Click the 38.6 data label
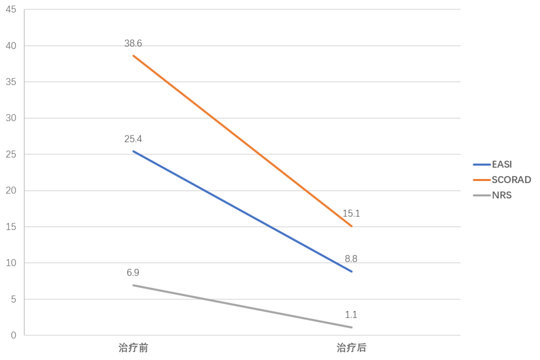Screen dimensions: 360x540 tap(133, 43)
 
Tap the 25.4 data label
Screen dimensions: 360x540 tap(133, 139)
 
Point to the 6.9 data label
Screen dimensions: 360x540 tap(133, 273)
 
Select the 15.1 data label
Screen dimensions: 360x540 tap(352, 213)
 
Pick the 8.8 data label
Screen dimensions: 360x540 tap(351, 259)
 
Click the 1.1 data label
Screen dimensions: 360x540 tap(351, 315)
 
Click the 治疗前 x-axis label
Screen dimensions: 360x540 tap(133, 347)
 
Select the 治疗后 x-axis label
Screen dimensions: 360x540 tap(352, 347)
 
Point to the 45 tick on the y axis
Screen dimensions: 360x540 tap(11, 9)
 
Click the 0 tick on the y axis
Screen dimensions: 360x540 tap(14, 335)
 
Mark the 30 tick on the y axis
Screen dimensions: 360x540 tap(11, 118)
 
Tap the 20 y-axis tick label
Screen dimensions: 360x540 tap(11, 190)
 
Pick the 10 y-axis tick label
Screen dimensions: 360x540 tap(11, 263)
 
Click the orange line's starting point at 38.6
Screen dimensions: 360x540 tap(133, 55)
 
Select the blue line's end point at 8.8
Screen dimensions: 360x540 tap(352, 271)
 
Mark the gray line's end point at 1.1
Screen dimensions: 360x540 tap(352, 327)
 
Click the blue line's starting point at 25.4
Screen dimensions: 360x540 tap(133, 151)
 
